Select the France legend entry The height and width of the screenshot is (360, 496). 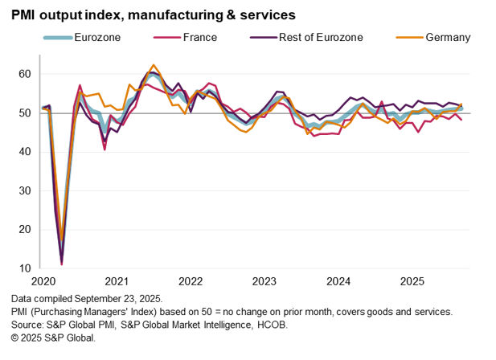[200, 37]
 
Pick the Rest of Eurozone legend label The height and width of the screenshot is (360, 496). [318, 37]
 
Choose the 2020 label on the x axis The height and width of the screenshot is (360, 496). [43, 282]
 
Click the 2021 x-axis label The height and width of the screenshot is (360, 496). [117, 282]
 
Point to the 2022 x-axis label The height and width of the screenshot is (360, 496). [191, 282]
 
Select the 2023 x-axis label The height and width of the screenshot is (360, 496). [264, 282]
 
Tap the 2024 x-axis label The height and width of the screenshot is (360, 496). [338, 282]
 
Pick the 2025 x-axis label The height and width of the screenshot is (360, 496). [412, 282]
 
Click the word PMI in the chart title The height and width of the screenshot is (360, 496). [26, 14]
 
